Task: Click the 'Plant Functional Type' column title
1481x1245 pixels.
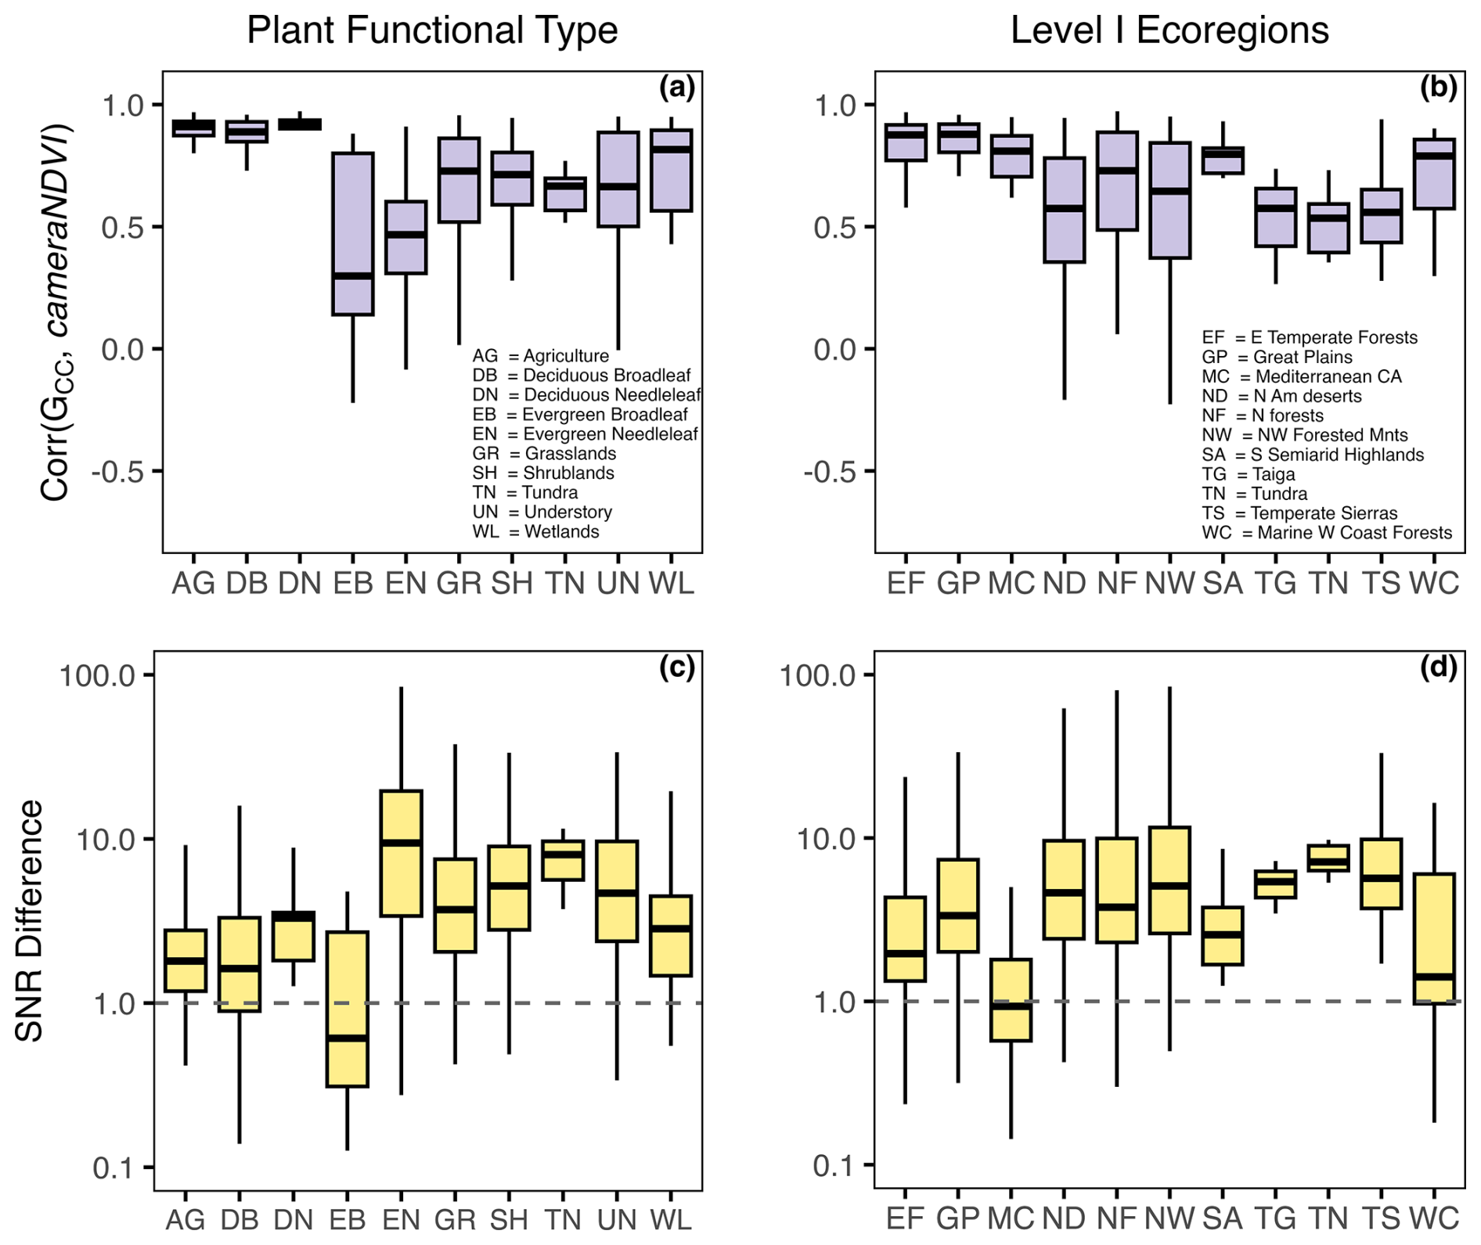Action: (x=432, y=31)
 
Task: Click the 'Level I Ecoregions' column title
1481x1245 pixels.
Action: (x=1169, y=31)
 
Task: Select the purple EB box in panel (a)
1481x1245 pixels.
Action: (x=353, y=234)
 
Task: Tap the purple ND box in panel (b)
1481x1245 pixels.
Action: (x=1065, y=210)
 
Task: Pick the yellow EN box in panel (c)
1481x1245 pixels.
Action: (x=401, y=853)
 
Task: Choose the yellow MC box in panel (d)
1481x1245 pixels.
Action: (x=1011, y=999)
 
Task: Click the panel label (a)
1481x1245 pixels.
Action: (x=677, y=88)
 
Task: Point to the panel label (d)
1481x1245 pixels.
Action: (x=1439, y=667)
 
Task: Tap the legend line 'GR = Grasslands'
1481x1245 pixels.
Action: (x=544, y=454)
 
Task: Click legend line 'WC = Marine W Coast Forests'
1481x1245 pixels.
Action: (x=1327, y=533)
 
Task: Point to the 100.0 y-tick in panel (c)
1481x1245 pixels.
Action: (x=98, y=675)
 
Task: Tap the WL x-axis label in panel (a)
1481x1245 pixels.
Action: (x=672, y=584)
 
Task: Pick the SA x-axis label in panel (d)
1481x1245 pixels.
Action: (x=1223, y=1218)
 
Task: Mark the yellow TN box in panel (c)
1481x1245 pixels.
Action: (x=564, y=860)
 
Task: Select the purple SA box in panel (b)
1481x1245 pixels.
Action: (x=1223, y=160)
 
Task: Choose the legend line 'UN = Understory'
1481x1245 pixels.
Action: (x=542, y=513)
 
